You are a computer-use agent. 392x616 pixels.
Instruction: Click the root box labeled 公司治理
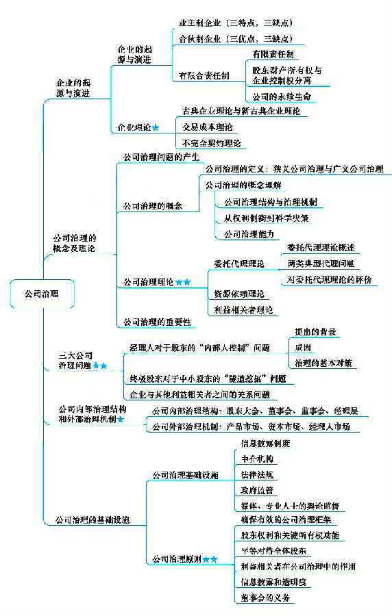click(x=41, y=294)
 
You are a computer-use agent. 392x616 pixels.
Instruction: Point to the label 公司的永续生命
click(x=281, y=97)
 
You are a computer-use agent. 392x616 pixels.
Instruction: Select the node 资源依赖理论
click(x=238, y=294)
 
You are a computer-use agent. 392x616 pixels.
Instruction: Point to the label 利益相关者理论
click(x=243, y=310)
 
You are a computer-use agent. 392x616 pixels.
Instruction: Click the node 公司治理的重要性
click(x=156, y=322)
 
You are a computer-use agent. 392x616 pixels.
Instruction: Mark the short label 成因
click(x=303, y=348)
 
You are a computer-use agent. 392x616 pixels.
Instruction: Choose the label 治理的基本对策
click(x=323, y=363)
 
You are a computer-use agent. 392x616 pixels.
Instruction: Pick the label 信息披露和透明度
click(x=273, y=582)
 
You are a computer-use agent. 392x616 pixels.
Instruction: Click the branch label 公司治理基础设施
click(x=184, y=474)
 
